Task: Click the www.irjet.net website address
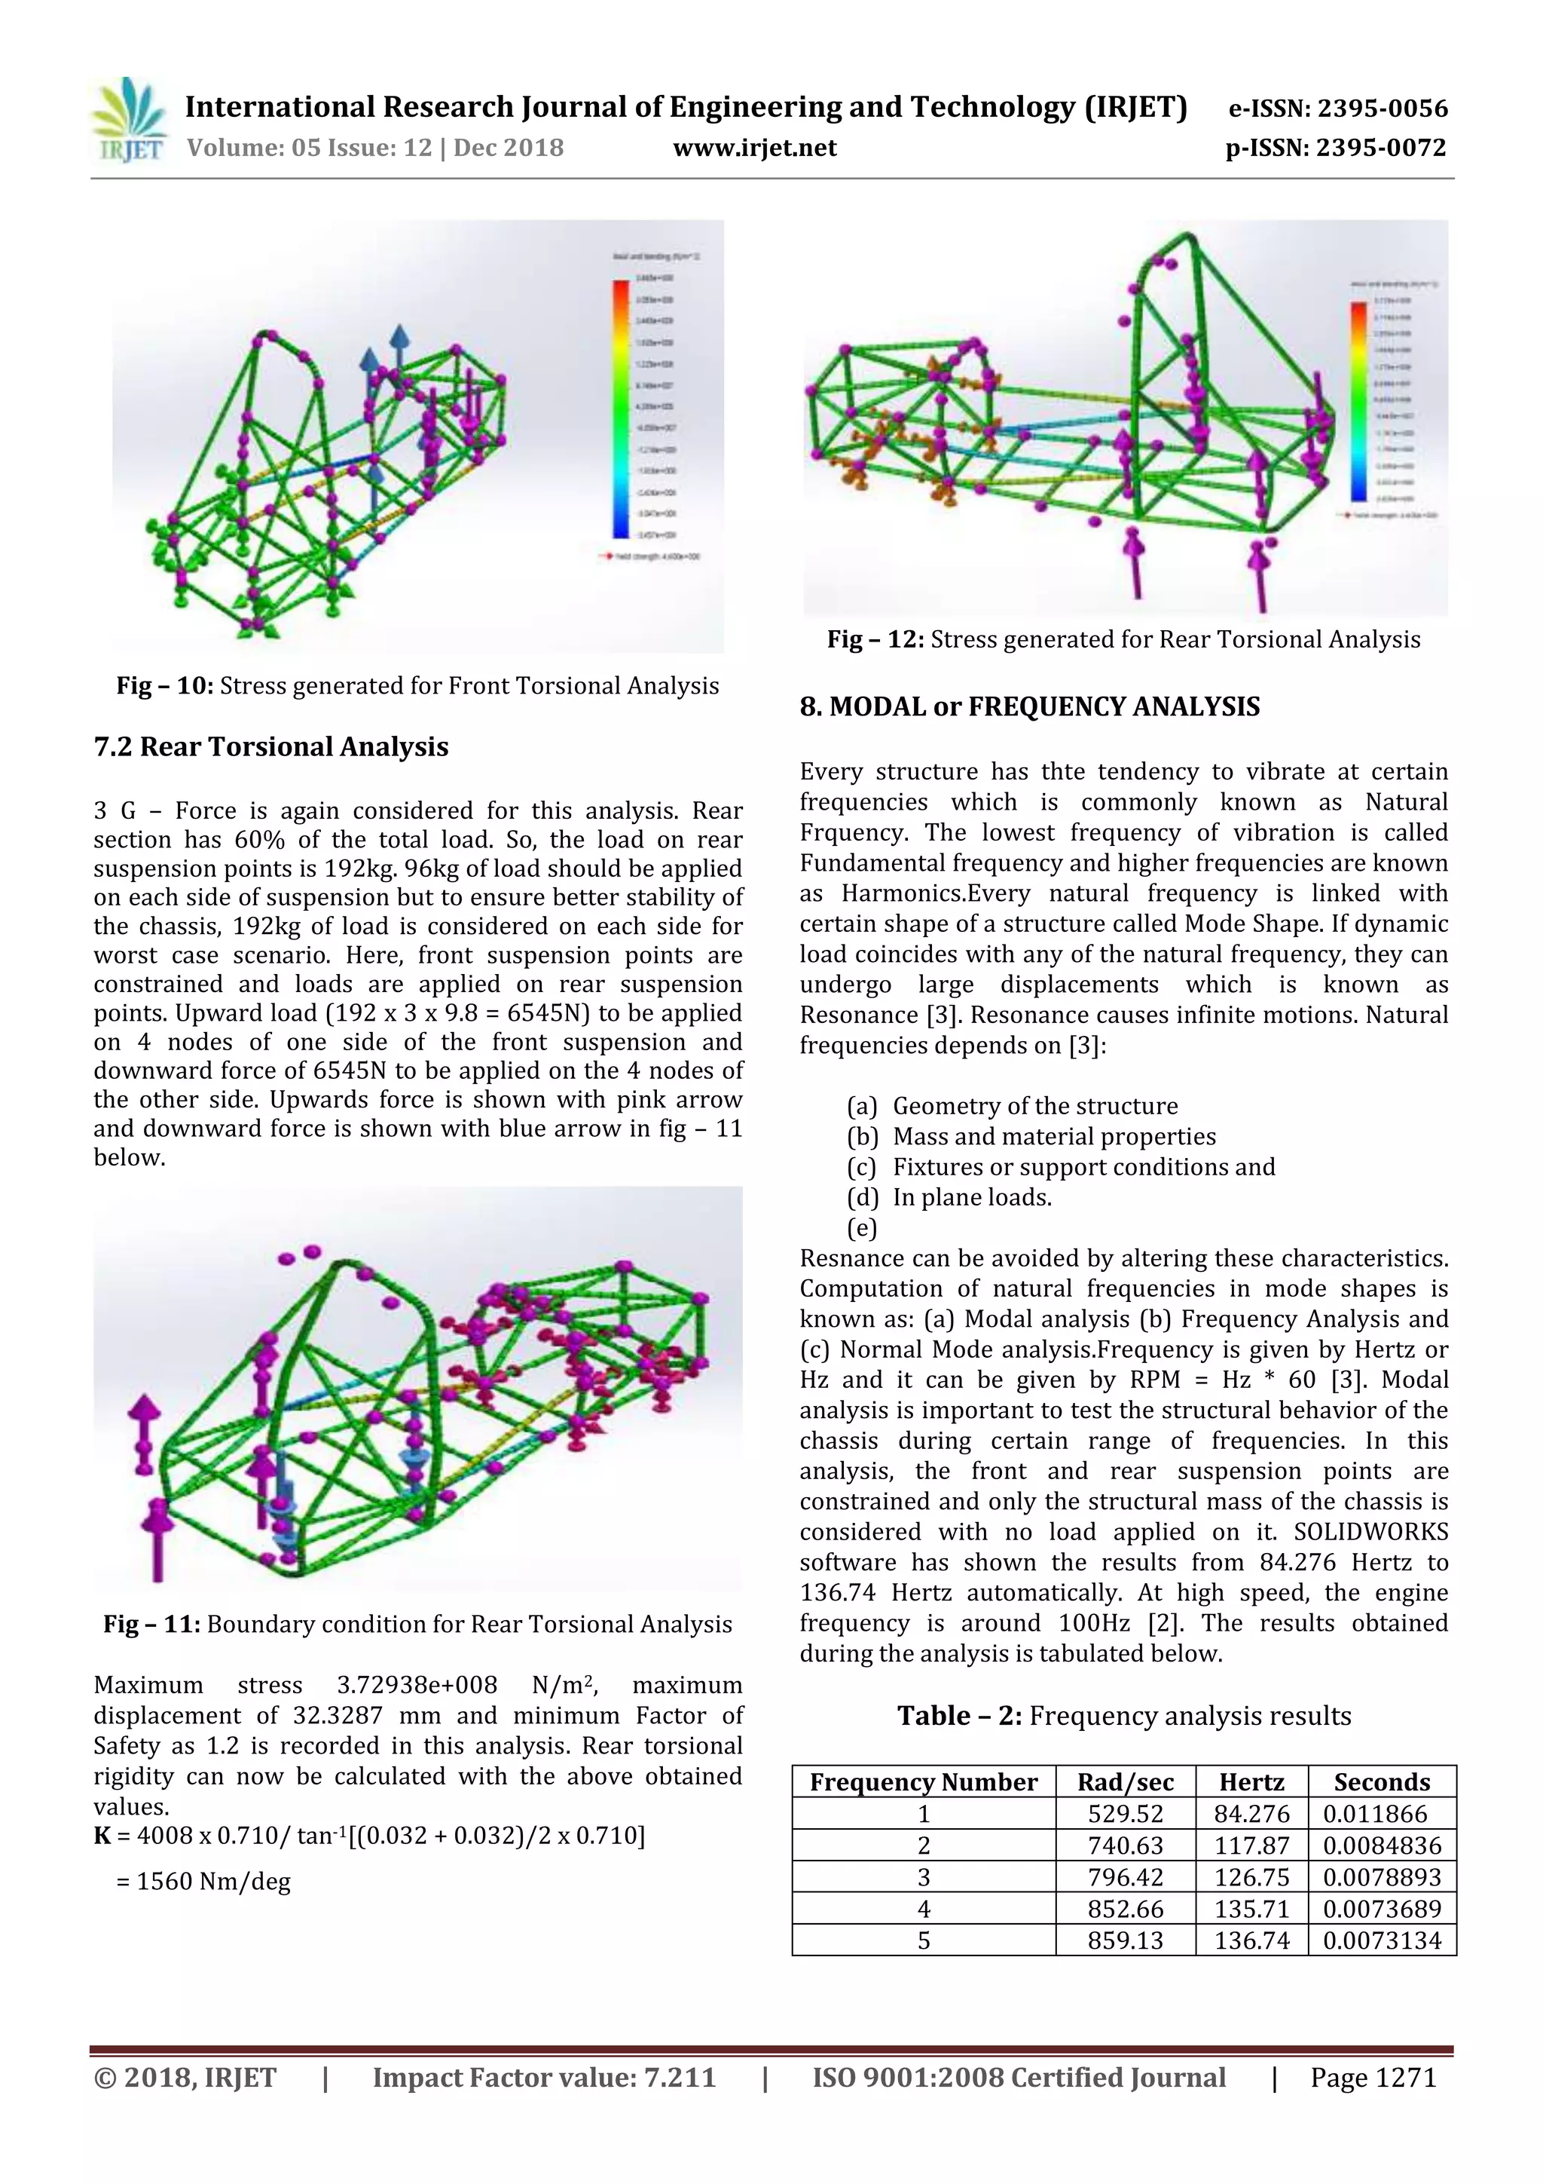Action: (754, 148)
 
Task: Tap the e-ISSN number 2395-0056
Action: (1337, 108)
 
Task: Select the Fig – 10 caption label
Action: (167, 686)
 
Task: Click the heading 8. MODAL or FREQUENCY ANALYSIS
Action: (1030, 706)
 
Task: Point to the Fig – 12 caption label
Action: (875, 639)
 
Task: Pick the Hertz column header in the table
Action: (1251, 1781)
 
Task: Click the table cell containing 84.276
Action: (1251, 1814)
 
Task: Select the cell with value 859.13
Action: (1125, 1940)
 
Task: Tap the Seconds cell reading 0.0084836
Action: (1381, 1846)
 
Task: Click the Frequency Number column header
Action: (923, 1781)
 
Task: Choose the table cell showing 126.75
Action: (1251, 1876)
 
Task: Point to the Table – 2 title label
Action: (959, 1716)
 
